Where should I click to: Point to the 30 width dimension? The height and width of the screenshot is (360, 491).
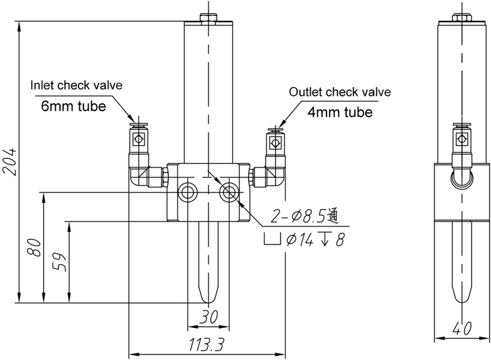pyautogui.click(x=208, y=317)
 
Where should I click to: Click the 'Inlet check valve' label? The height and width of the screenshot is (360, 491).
pyautogui.click(x=77, y=85)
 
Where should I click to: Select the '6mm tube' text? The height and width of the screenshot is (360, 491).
pyautogui.click(x=74, y=105)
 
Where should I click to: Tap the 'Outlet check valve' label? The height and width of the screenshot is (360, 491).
pyautogui.click(x=339, y=92)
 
